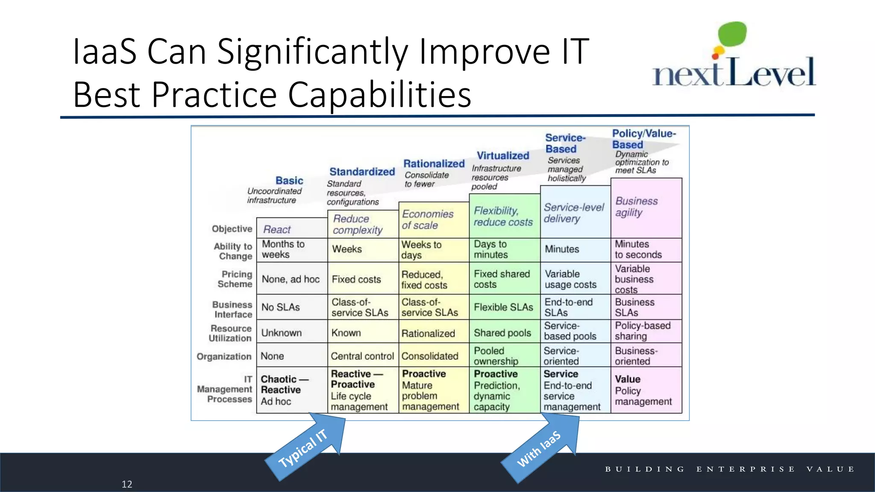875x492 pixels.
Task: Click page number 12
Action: coord(127,484)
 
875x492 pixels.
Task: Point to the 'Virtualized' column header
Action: coord(503,156)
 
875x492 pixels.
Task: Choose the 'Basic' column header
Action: coord(289,181)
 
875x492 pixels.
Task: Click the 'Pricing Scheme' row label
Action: coord(235,279)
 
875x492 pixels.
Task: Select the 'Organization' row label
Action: coord(224,356)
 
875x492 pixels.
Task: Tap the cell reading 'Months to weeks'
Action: coord(283,249)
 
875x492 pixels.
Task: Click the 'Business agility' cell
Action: coord(637,207)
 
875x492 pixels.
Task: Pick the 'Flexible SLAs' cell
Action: coord(503,307)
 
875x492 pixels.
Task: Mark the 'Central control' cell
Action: coord(362,356)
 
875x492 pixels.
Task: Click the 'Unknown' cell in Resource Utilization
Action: coord(282,333)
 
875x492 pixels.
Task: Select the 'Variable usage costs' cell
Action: coord(570,279)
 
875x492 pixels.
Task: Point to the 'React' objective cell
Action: coord(277,229)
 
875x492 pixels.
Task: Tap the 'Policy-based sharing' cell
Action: coord(643,331)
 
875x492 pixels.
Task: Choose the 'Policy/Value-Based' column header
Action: coord(643,139)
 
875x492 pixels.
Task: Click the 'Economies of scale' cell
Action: coord(427,220)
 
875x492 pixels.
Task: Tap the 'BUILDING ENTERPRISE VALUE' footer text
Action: coord(730,469)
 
